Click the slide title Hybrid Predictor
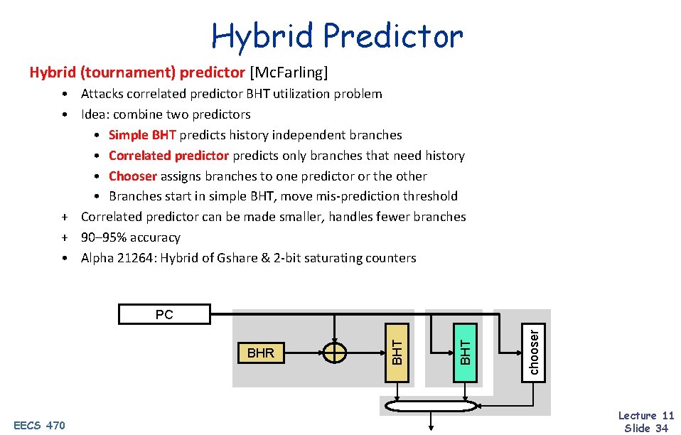click(x=337, y=36)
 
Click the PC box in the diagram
click(x=164, y=314)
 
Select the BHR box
click(x=261, y=353)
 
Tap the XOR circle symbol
click(x=334, y=353)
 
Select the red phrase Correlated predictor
click(x=168, y=156)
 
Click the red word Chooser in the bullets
click(x=133, y=176)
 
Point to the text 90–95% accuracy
click(x=131, y=237)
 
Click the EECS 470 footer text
click(x=39, y=426)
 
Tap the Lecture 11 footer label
click(x=645, y=416)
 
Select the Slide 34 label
click(x=645, y=428)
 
